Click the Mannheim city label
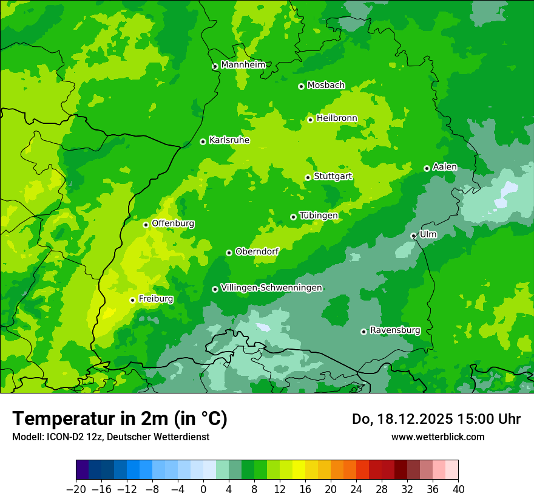(243, 65)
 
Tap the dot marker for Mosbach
(301, 86)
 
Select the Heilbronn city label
(337, 118)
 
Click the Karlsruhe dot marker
(203, 141)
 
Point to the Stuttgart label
(333, 177)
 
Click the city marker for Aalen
(427, 168)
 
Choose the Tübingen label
(319, 216)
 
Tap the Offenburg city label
(173, 223)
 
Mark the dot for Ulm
(413, 236)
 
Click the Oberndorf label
(257, 251)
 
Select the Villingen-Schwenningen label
(271, 288)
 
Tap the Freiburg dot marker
(132, 300)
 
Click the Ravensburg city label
(395, 330)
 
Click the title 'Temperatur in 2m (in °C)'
(120, 418)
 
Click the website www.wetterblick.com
(438, 437)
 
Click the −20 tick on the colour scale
(76, 489)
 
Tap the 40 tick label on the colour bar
(458, 489)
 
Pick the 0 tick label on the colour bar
(203, 489)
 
